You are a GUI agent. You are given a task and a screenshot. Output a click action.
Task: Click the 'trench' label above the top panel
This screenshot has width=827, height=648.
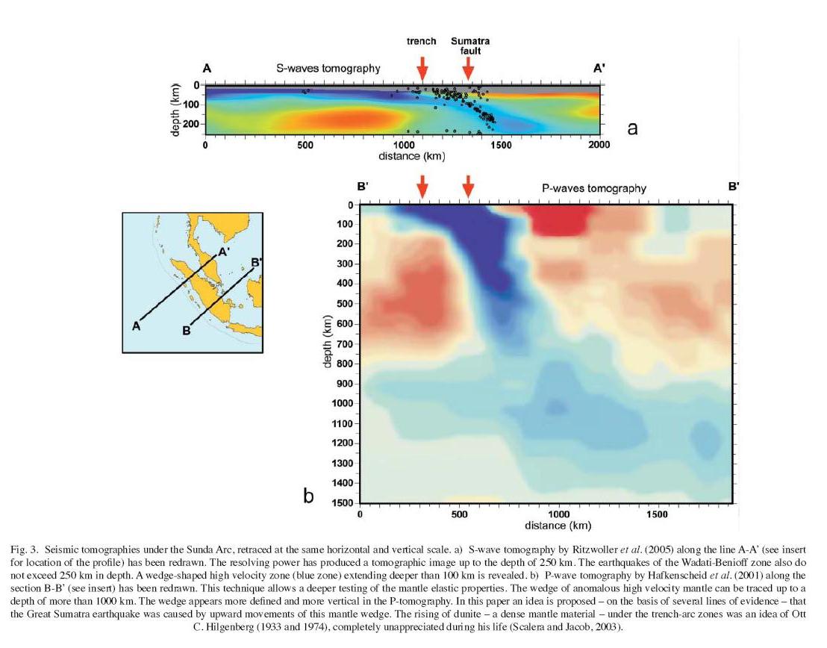[x=421, y=41]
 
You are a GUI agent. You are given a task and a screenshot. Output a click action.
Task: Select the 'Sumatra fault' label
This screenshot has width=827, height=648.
[x=469, y=46]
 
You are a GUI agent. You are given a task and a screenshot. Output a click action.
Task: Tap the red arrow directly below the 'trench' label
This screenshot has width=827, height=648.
[x=422, y=68]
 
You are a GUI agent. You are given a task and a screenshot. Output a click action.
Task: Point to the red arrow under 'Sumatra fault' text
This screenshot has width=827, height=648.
[x=468, y=68]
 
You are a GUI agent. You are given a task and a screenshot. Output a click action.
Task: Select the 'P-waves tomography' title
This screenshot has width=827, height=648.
[x=593, y=188]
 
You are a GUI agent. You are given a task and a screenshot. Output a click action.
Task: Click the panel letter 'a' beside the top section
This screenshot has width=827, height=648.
[x=632, y=128]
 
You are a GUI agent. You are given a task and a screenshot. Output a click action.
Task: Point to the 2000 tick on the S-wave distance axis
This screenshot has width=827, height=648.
[x=599, y=145]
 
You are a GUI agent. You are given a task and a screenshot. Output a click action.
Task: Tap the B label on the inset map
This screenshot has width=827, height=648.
[x=187, y=331]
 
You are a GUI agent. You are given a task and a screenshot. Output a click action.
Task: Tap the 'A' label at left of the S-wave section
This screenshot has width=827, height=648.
[x=207, y=69]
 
